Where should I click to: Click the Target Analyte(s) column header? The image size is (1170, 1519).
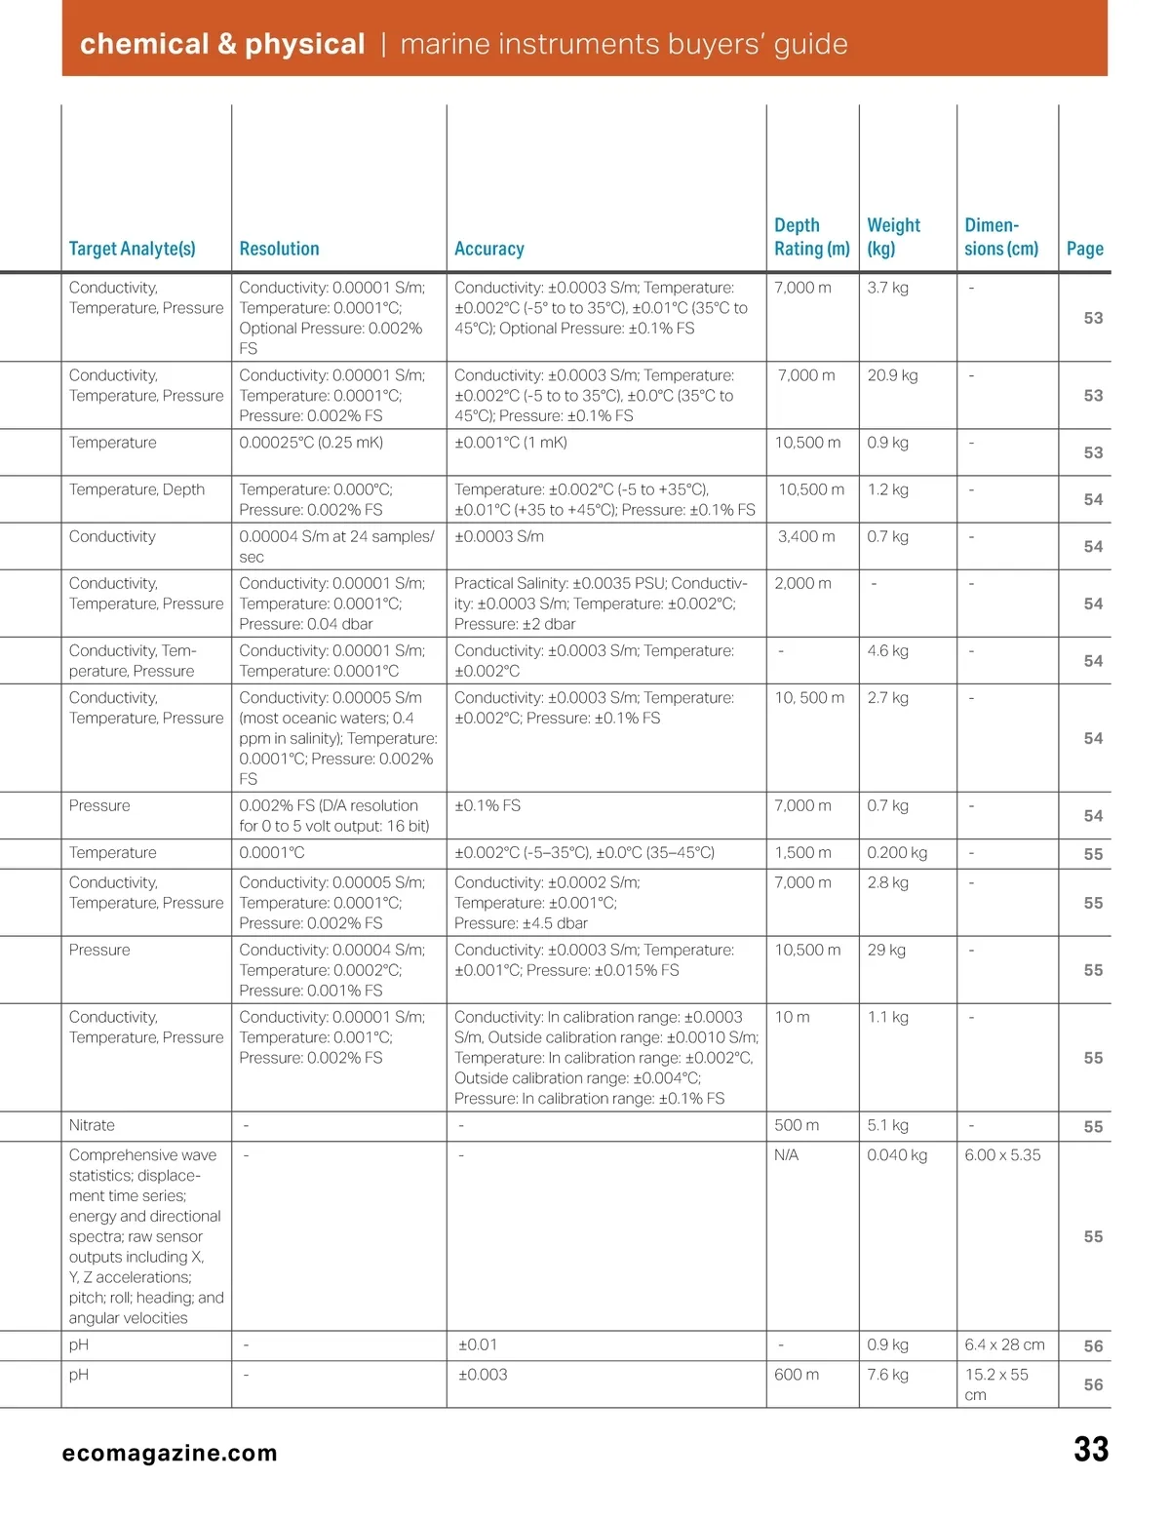[x=132, y=249]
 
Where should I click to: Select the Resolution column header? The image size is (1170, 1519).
[x=279, y=249]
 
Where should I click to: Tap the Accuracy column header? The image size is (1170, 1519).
[x=488, y=249]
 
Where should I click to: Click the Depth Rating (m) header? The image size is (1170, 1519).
[x=811, y=237]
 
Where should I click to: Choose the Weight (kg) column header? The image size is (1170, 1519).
[x=893, y=237]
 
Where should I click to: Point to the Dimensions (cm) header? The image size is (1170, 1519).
[x=1001, y=237]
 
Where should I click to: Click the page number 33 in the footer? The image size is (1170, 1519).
[x=1091, y=1450]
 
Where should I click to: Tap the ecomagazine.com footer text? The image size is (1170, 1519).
[x=170, y=1453]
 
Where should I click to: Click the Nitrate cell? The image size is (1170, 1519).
[x=92, y=1125]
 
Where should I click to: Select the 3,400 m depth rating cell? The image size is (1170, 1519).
[x=806, y=536]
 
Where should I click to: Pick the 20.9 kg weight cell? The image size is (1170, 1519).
[x=892, y=375]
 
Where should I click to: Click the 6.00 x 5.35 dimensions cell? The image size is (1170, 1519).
[x=1002, y=1155]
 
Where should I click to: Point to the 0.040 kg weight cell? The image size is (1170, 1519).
[x=897, y=1155]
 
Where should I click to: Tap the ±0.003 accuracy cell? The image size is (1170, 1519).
[x=483, y=1375]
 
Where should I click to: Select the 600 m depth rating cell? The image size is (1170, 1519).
[x=797, y=1375]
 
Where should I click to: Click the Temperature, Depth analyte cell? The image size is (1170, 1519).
[x=136, y=489]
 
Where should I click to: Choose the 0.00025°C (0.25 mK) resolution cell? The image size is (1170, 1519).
[x=311, y=443]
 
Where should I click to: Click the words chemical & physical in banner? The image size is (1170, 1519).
[x=222, y=44]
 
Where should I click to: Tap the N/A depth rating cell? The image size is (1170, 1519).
[x=786, y=1155]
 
